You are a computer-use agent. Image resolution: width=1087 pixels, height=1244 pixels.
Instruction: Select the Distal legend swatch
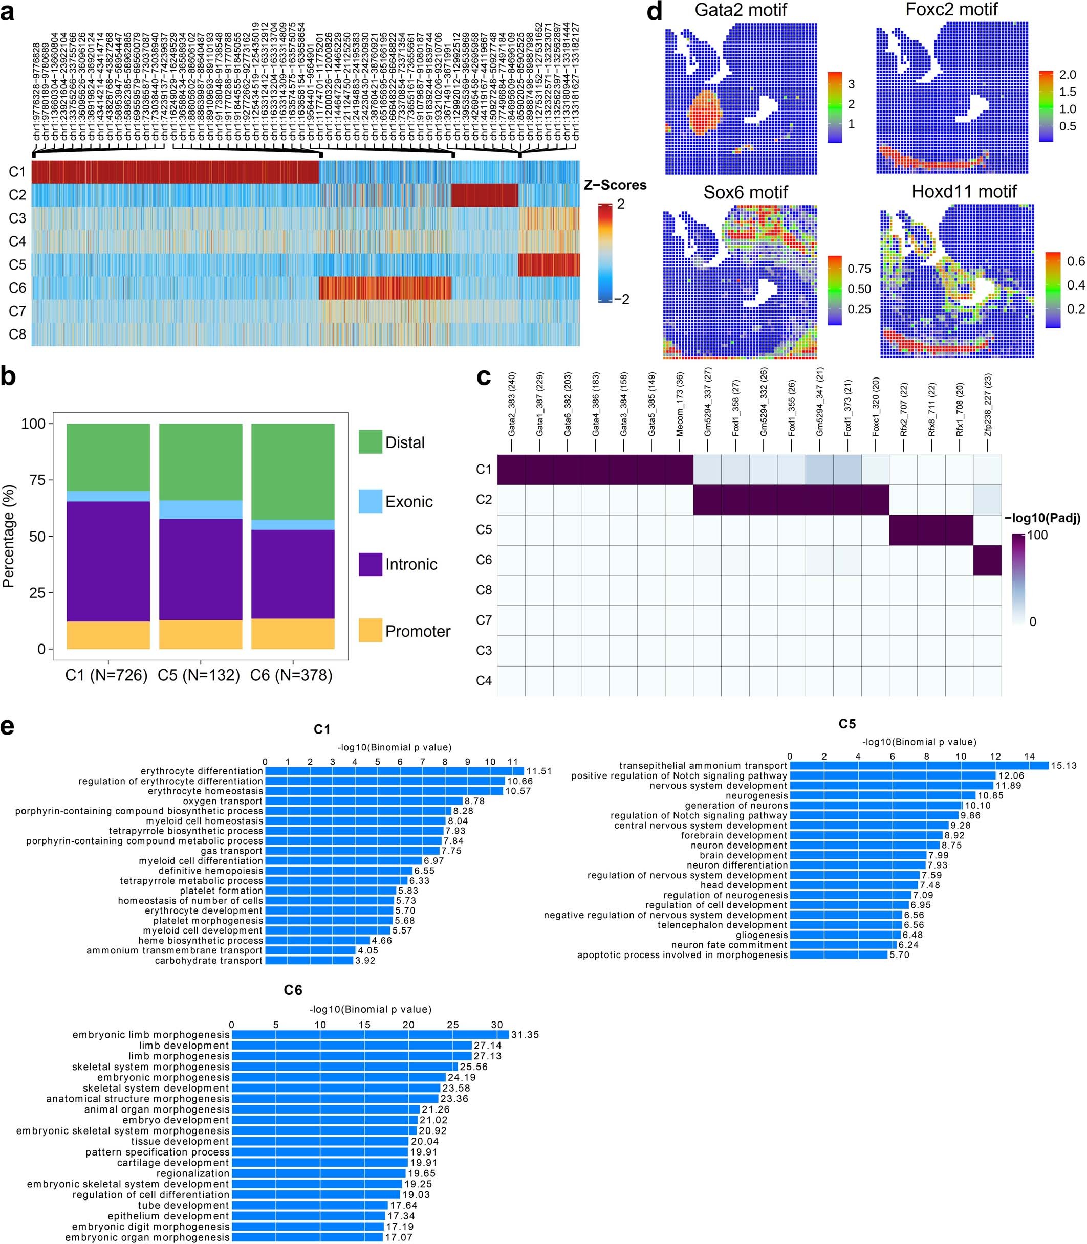click(x=370, y=442)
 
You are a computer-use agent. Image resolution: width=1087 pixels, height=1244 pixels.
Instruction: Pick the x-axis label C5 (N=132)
click(x=199, y=675)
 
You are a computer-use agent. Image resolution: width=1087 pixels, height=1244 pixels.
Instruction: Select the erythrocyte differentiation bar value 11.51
click(x=539, y=771)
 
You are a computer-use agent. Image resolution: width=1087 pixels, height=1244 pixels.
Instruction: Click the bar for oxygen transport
click(x=363, y=801)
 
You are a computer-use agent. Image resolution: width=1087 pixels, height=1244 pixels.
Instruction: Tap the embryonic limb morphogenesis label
click(x=150, y=1035)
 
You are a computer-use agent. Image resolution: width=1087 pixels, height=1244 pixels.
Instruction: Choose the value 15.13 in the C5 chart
click(x=1063, y=766)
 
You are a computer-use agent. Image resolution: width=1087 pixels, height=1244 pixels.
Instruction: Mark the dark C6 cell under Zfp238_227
click(x=987, y=560)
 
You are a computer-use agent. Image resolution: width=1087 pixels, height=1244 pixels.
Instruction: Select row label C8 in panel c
click(x=484, y=590)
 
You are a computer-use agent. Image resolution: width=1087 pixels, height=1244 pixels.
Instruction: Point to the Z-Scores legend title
click(x=615, y=185)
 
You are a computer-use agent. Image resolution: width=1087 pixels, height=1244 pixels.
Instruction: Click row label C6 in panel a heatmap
click(x=17, y=288)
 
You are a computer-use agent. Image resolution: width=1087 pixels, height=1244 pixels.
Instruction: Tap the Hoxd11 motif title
click(x=964, y=192)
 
